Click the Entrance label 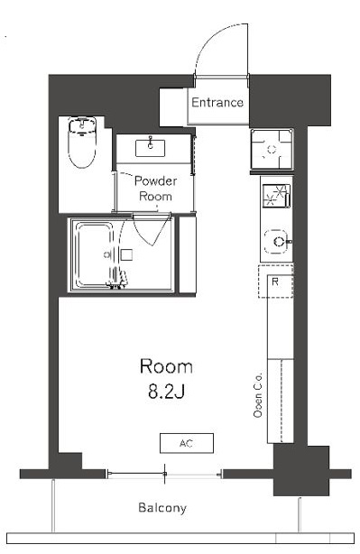pyautogui.click(x=217, y=103)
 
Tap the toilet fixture pyautogui.click(x=82, y=142)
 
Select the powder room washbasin pyautogui.click(x=150, y=148)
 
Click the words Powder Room pyautogui.click(x=155, y=189)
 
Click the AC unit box pyautogui.click(x=187, y=443)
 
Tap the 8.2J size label pyautogui.click(x=166, y=392)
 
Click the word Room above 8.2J pyautogui.click(x=166, y=366)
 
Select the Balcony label pyautogui.click(x=162, y=508)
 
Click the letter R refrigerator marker pyautogui.click(x=275, y=282)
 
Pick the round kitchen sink pyautogui.click(x=277, y=242)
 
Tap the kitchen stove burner pyautogui.click(x=276, y=196)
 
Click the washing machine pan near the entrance pyautogui.click(x=272, y=149)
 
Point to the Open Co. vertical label pyautogui.click(x=258, y=394)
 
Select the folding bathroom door pyautogui.click(x=152, y=230)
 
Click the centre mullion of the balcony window pyautogui.click(x=164, y=474)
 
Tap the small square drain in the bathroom pyautogui.click(x=126, y=254)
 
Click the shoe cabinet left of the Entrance pyautogui.click(x=173, y=107)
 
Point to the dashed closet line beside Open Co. pyautogui.click(x=282, y=401)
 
